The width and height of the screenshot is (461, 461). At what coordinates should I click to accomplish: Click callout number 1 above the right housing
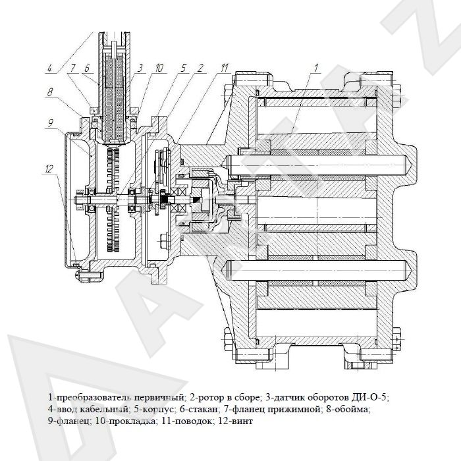316,68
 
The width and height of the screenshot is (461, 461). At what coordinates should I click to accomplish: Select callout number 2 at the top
200,68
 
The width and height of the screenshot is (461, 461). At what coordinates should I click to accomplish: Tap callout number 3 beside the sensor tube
140,68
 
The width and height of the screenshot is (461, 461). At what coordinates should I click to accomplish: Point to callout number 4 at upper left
49,68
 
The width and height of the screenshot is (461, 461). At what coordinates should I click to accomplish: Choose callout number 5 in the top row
184,68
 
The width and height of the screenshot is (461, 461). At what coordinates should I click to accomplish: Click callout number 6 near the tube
87,68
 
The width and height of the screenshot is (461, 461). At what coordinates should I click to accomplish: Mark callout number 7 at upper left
72,68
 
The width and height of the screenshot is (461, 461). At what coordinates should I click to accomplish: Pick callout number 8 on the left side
50,92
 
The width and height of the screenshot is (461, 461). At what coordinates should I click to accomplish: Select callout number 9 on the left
50,123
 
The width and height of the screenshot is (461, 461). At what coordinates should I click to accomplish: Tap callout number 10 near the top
159,68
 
